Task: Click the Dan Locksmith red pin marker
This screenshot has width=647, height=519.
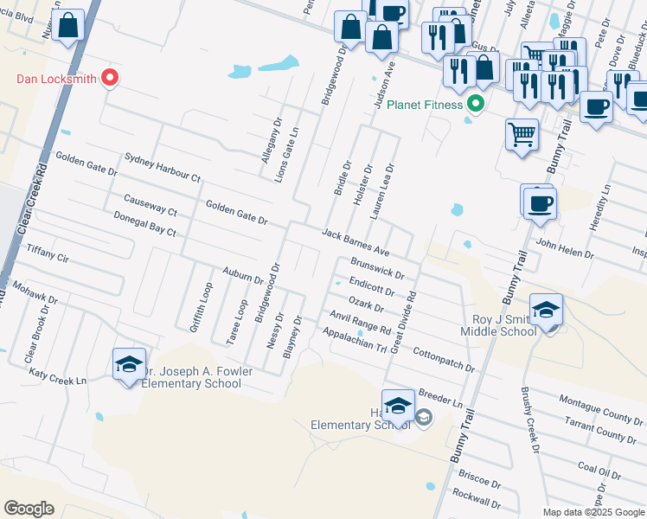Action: [x=110, y=79]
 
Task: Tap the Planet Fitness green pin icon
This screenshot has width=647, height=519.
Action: [x=475, y=105]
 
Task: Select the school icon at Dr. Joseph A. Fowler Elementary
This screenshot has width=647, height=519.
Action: [x=129, y=365]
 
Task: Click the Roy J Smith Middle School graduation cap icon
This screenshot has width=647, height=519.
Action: [x=547, y=311]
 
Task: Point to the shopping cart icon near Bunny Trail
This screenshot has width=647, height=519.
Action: [x=522, y=135]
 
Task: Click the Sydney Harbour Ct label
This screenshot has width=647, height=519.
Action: [x=162, y=167]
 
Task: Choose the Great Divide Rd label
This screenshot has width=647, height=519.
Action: [x=405, y=321]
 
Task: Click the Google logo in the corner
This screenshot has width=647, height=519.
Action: [x=29, y=508]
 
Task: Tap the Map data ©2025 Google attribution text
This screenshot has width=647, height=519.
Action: [x=593, y=512]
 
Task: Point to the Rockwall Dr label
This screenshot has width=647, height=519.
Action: [x=476, y=501]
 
